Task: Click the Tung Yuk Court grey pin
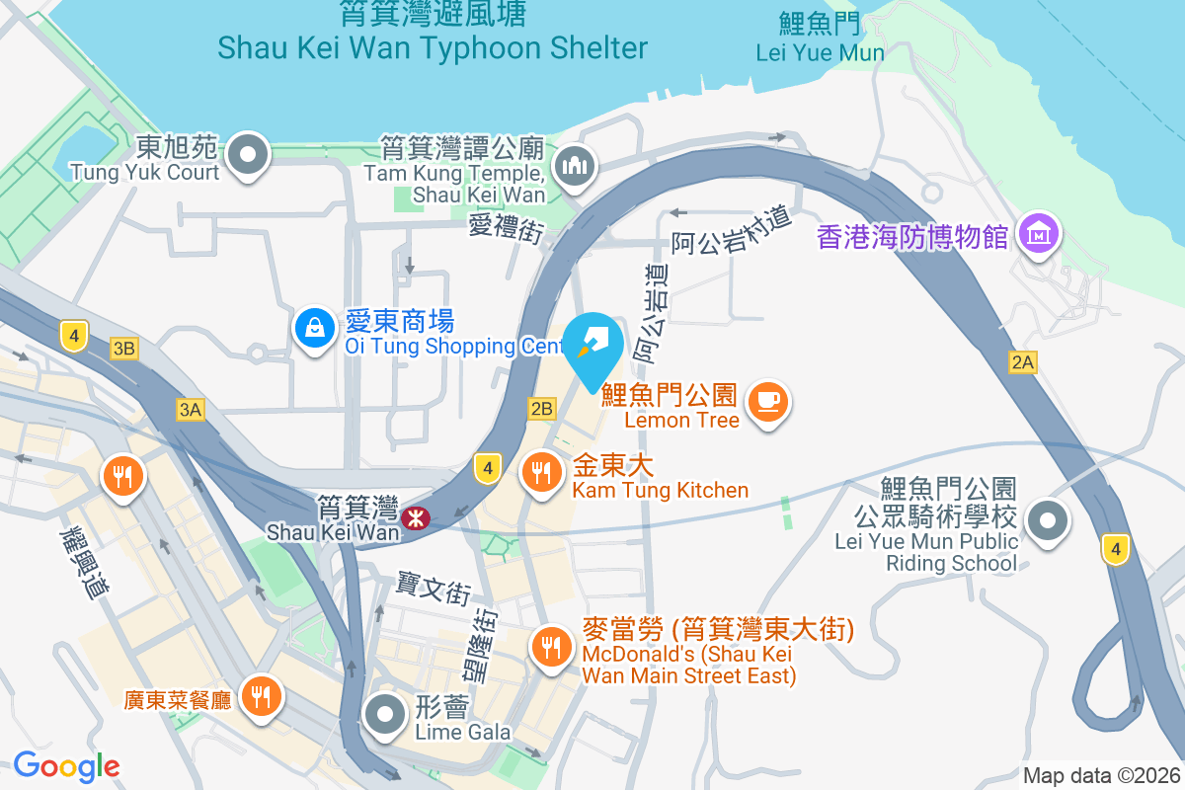coord(248,155)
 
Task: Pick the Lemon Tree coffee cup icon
coord(767,402)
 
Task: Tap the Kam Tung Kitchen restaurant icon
coord(540,471)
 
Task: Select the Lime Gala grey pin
coord(384,713)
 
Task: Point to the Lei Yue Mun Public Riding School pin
coord(1049,519)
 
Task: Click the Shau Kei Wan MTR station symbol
coord(416,516)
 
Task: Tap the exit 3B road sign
coord(124,348)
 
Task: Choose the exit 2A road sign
coord(1023,362)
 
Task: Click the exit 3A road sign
coord(191,410)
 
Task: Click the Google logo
coord(66,765)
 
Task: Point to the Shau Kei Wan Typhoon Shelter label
coord(433,46)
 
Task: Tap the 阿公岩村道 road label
coord(733,229)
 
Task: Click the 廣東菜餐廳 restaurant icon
coord(262,697)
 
